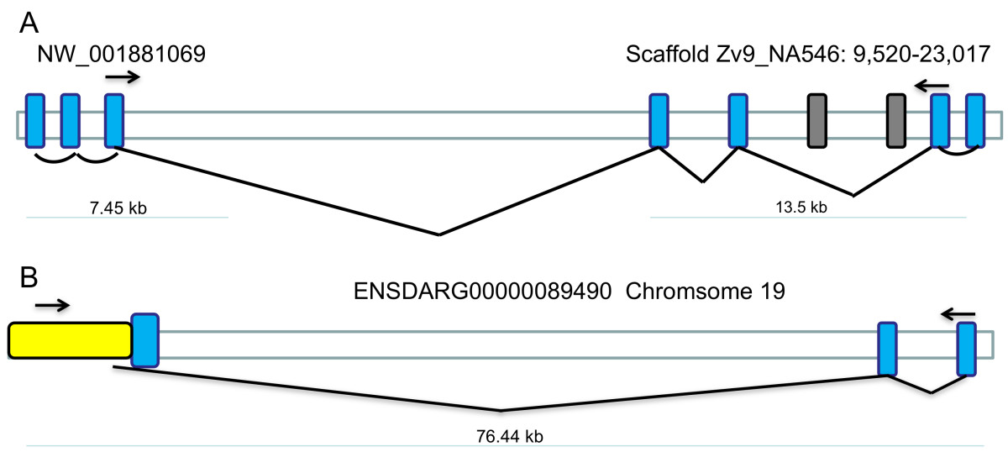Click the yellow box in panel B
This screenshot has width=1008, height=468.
[x=70, y=340]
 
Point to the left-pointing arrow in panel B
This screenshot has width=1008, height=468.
[x=958, y=314]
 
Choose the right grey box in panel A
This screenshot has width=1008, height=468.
[x=896, y=122]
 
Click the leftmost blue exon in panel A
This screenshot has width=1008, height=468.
[x=34, y=122]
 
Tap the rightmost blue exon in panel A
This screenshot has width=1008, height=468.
[x=975, y=122]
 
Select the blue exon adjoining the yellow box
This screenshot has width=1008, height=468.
[x=145, y=339]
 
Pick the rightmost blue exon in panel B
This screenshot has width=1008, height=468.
[x=966, y=348]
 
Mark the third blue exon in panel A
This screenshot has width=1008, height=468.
[x=114, y=122]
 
